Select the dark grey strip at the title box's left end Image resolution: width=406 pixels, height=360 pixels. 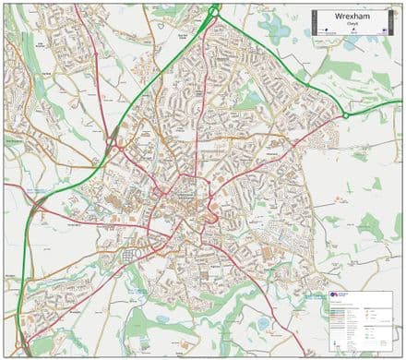click(314, 22)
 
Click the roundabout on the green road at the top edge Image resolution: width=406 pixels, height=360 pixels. click(214, 11)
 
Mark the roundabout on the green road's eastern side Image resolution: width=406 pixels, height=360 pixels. click(346, 115)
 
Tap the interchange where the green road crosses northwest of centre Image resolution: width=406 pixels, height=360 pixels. click(114, 143)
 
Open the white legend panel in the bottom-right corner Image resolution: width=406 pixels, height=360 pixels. click(361, 318)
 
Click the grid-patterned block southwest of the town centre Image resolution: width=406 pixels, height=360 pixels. click(130, 254)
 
